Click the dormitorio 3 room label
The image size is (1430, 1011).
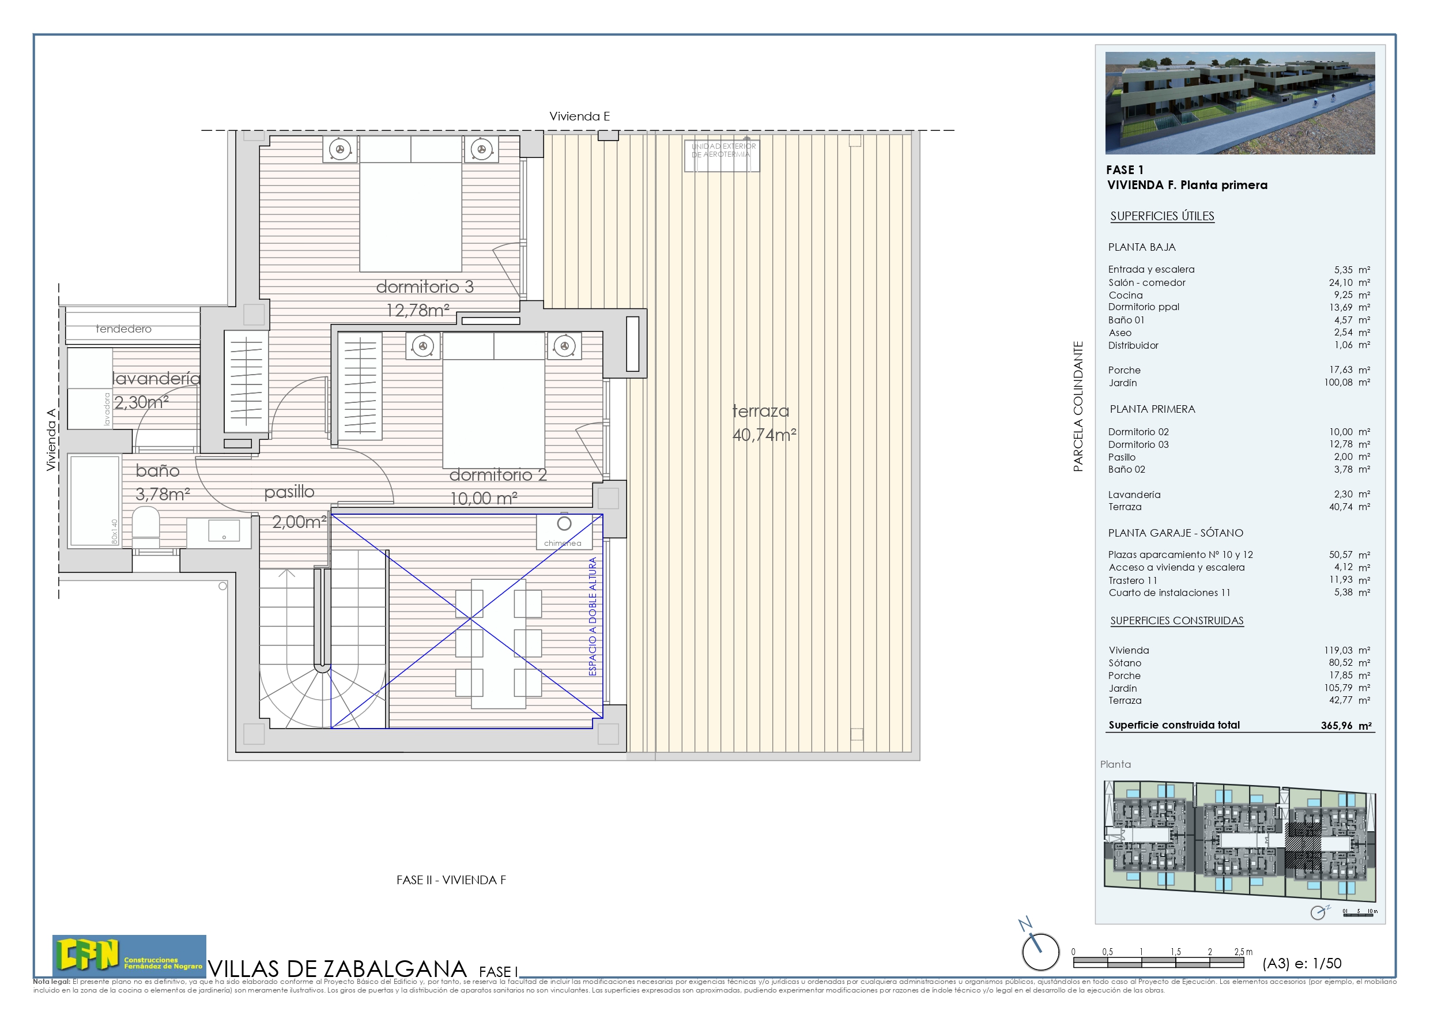click(425, 286)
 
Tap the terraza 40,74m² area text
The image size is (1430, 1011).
click(764, 423)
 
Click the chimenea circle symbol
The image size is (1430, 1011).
click(564, 523)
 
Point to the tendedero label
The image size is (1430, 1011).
click(123, 329)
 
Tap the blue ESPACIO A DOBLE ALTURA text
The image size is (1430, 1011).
click(593, 616)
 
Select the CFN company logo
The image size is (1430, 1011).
click(129, 956)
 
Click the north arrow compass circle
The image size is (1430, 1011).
click(1040, 951)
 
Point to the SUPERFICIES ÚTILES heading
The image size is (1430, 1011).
click(1161, 216)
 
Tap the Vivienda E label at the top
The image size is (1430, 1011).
click(579, 116)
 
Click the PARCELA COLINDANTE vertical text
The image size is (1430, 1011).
click(1078, 406)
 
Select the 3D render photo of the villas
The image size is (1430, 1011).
click(1239, 103)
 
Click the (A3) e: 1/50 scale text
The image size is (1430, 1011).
click(1301, 963)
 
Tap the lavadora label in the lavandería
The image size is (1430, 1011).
click(107, 409)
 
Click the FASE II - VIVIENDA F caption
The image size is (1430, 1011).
click(451, 880)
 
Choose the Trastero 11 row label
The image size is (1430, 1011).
click(1132, 580)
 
